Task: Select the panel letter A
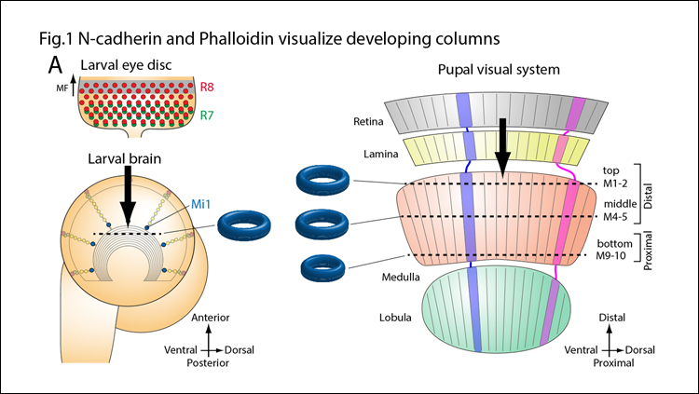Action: click(x=55, y=66)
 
